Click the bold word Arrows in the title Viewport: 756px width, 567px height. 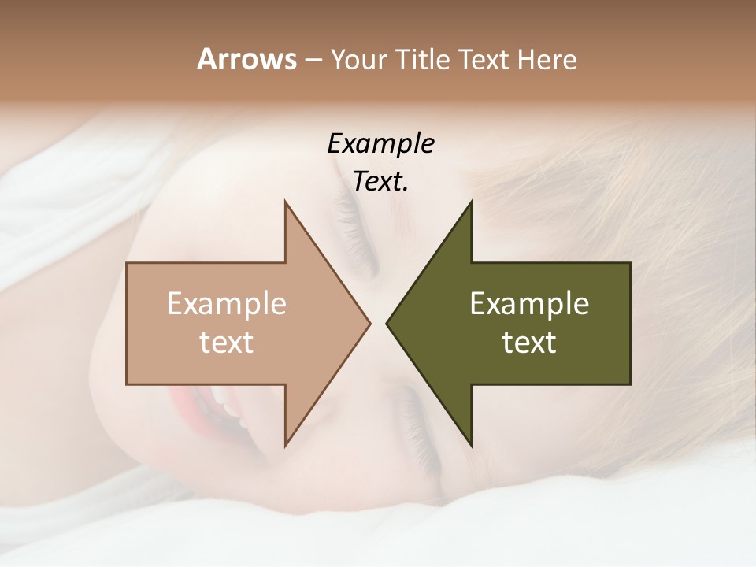coord(246,59)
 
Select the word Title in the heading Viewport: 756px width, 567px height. coord(423,60)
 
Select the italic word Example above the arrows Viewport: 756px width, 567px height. coord(380,144)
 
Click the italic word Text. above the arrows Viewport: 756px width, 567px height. coord(380,182)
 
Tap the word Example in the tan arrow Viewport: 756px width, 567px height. coord(227,304)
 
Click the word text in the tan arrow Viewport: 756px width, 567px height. coord(227,343)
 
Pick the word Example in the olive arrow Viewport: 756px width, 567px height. coord(529,304)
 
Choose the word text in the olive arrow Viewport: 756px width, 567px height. coord(529,343)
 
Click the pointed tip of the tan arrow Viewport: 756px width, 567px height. coord(369,323)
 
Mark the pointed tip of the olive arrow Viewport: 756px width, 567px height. coord(387,323)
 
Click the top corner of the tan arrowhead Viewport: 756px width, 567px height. coord(286,202)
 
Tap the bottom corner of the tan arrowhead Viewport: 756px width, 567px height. coord(286,445)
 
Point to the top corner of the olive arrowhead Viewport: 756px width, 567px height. coord(471,202)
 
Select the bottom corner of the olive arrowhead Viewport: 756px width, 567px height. coord(471,445)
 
